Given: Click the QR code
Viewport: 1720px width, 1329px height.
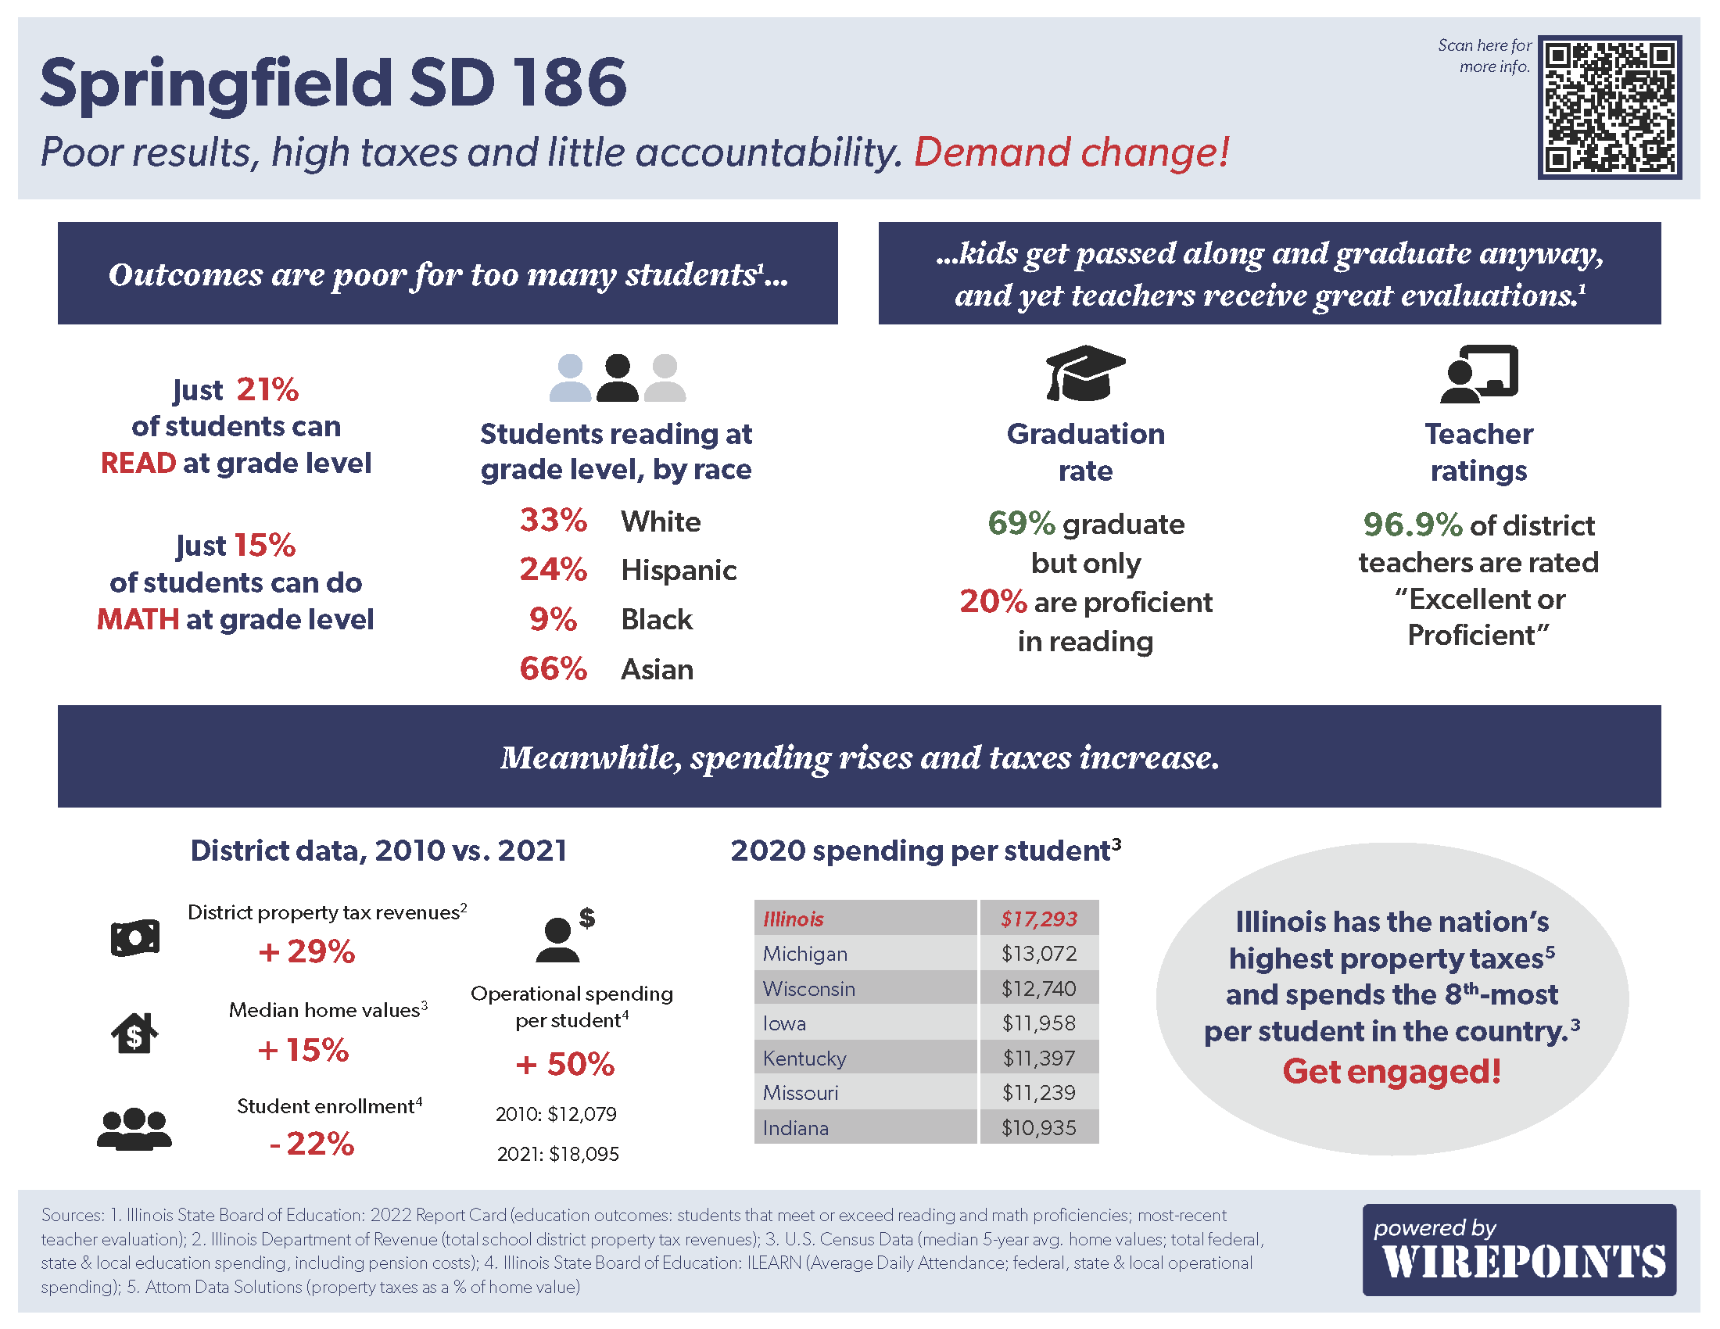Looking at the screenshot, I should pos(1609,107).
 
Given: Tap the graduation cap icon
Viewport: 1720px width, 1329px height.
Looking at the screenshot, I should pos(1084,373).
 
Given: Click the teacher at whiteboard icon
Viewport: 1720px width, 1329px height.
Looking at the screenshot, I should pos(1478,373).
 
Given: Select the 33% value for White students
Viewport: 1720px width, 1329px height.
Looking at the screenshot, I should pos(553,521).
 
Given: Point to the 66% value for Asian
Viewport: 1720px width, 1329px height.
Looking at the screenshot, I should pos(553,669).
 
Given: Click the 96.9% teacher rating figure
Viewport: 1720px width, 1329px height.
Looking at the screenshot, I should pos(1412,525).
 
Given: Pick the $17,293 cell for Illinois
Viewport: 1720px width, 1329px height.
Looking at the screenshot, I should pos(1039,919).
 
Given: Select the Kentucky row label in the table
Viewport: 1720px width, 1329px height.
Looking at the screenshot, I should pos(804,1059).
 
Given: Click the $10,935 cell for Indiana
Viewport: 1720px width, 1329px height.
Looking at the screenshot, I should pos(1039,1127).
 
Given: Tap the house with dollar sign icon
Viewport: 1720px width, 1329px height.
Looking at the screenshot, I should pos(134,1033).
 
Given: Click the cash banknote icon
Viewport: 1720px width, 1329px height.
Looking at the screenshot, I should pos(134,937).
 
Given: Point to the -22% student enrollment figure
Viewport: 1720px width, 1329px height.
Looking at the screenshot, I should pos(312,1144).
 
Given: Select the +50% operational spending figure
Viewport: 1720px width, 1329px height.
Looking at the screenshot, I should pos(564,1065).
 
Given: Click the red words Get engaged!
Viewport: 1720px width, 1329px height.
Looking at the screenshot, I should pos(1392,1072).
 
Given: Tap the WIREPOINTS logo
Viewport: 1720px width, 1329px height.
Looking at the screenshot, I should pos(1518,1250).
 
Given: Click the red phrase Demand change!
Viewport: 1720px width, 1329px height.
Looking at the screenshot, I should pos(1071,152).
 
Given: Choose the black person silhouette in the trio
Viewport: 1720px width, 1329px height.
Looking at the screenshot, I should pos(617,378).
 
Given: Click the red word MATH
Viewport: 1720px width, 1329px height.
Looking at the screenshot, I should pos(138,620).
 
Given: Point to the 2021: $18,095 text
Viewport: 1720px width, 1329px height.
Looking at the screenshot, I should pos(557,1154).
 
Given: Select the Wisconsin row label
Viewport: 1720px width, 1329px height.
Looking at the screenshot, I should pos(809,989).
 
